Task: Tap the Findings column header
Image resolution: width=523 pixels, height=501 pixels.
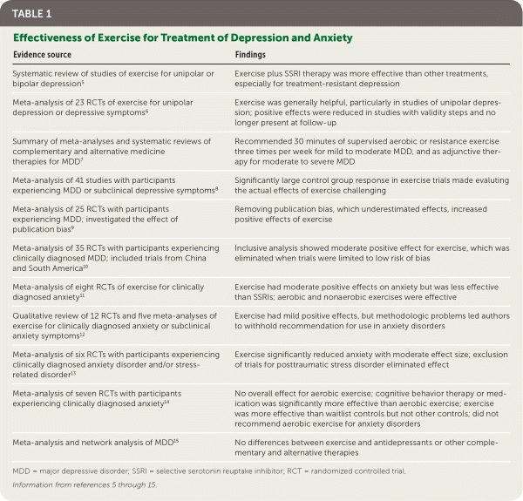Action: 252,54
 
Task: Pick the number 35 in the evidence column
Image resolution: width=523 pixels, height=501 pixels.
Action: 75,246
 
